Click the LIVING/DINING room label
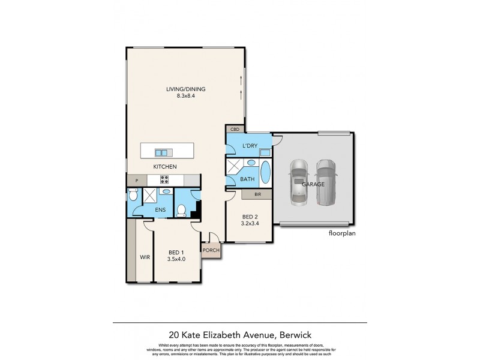coord(185,90)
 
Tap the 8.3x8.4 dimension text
coord(185,97)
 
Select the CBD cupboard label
coord(233,129)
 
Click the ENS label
coord(160,209)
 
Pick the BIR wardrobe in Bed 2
coord(257,194)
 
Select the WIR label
coord(144,257)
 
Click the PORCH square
coord(211,250)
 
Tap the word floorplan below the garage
coord(342,234)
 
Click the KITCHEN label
coord(165,166)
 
